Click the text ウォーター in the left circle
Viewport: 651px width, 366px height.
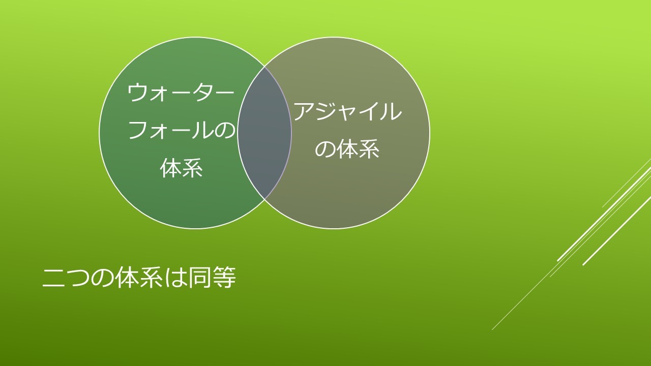point(181,93)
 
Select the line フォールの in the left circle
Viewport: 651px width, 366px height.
point(182,130)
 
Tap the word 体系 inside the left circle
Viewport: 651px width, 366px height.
point(182,168)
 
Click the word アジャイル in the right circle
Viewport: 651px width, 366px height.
point(347,111)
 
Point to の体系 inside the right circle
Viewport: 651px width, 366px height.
point(347,149)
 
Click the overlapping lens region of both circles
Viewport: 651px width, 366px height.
point(264,133)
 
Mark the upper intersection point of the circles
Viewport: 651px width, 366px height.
point(264,67)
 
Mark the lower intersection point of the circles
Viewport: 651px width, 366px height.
point(264,199)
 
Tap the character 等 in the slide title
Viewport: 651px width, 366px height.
point(224,278)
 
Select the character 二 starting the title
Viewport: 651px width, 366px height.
point(53,278)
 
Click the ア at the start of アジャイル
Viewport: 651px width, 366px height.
point(304,111)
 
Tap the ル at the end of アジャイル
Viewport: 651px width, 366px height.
point(392,111)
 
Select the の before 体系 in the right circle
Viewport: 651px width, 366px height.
point(325,149)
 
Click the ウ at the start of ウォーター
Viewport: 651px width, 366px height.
point(137,93)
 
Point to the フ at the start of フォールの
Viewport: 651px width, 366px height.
point(138,130)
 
